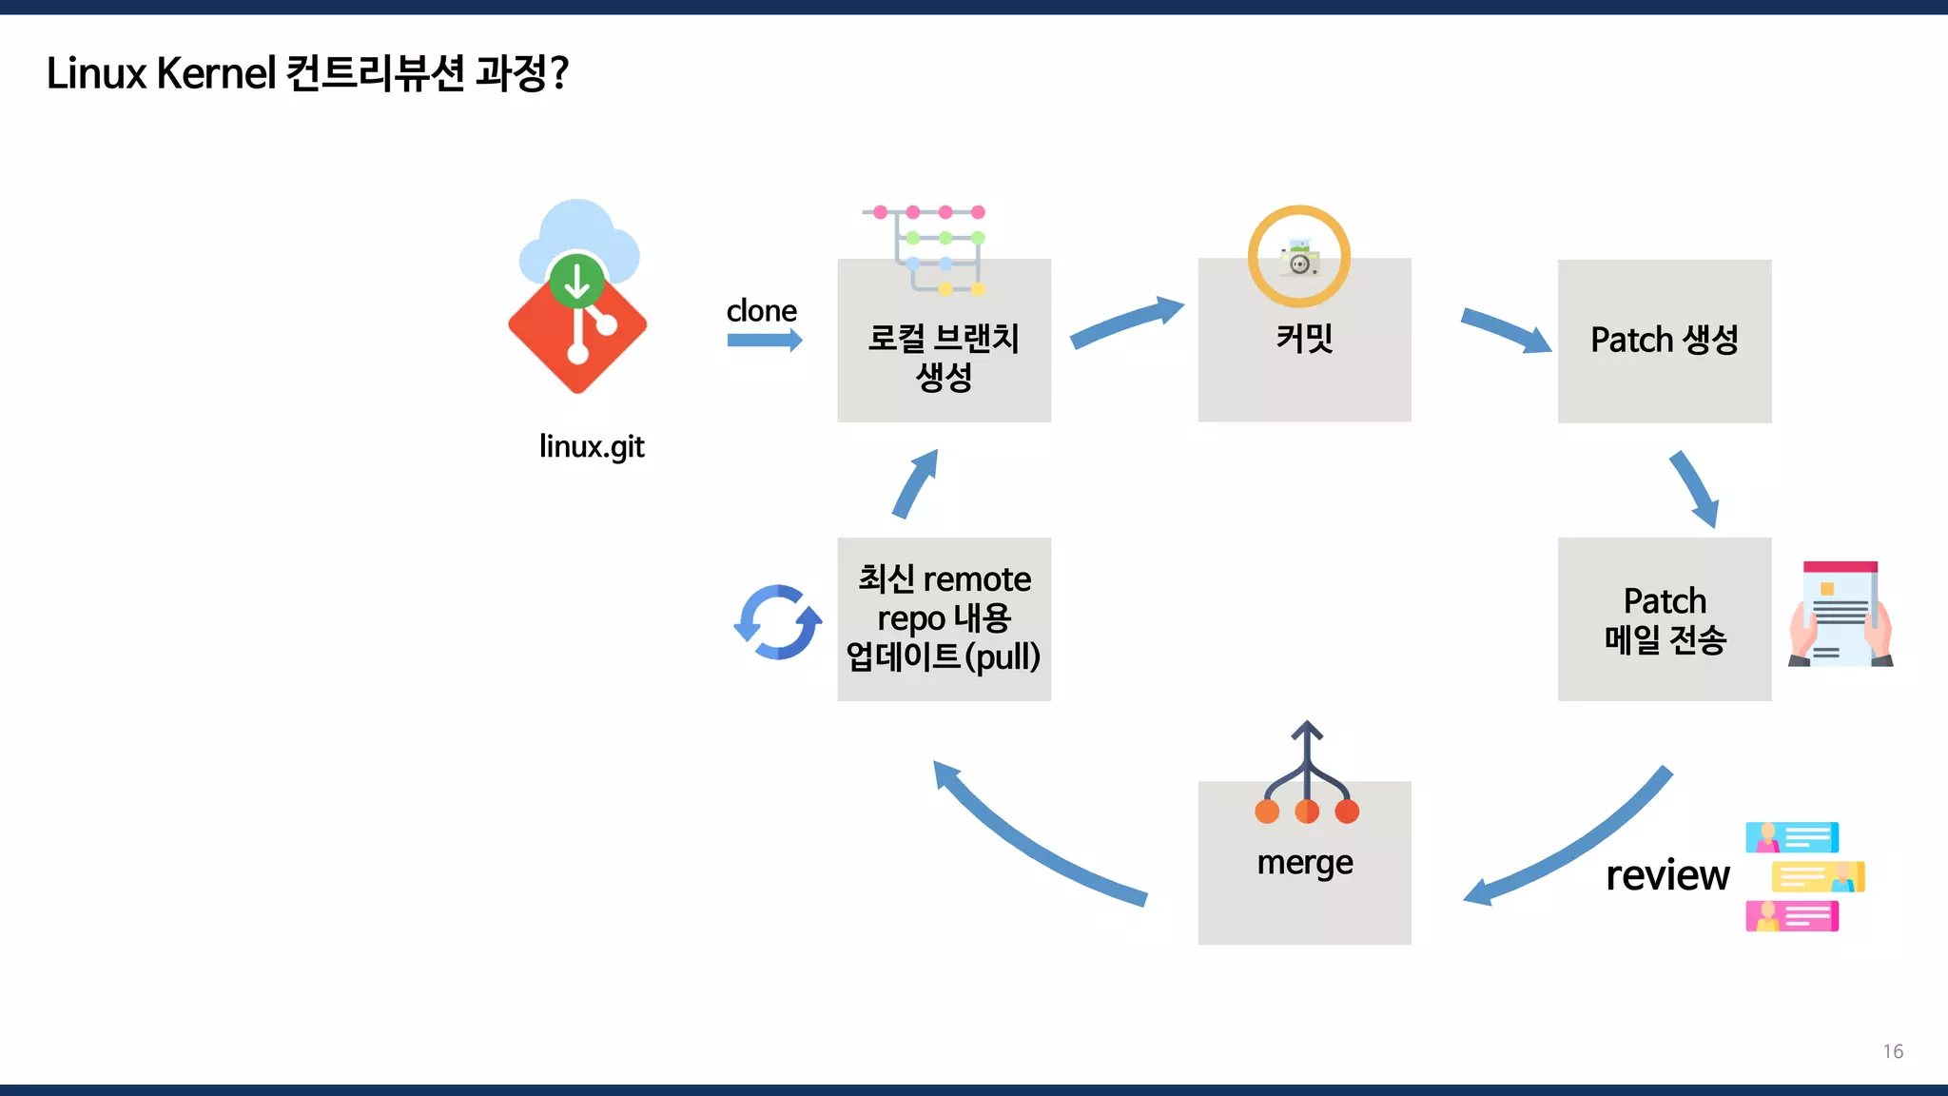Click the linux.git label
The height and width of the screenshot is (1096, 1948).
592,446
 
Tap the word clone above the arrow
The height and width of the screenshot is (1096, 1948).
761,310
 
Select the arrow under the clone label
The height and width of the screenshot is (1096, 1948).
764,341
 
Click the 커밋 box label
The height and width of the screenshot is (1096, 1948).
1304,339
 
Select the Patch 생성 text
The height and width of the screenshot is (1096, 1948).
1664,340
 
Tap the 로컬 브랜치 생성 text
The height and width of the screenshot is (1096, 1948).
944,358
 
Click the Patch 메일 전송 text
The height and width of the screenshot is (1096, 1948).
1665,620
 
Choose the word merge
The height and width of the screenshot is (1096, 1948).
1304,863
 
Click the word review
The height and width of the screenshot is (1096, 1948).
1667,875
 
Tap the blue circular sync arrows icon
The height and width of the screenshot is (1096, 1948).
778,622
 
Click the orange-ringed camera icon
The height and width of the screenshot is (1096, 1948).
1298,256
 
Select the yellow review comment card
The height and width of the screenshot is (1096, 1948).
1817,876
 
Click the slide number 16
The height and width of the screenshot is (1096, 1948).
1892,1051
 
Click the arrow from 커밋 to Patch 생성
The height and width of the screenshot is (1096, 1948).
1504,329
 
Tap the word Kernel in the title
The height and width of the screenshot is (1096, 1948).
216,73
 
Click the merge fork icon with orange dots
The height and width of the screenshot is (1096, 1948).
1306,774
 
